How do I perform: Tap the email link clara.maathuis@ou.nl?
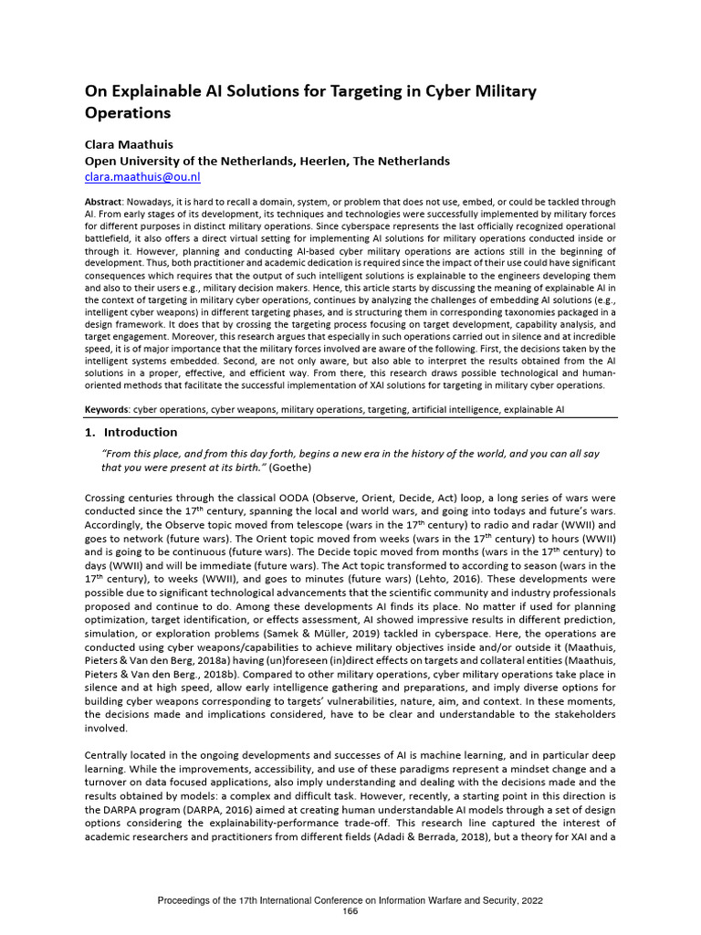pos(142,177)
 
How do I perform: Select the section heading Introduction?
pos(141,432)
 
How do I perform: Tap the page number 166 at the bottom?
pos(350,912)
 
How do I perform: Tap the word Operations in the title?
pos(128,114)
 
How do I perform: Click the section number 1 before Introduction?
pos(89,432)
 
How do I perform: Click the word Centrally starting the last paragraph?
pos(111,757)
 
